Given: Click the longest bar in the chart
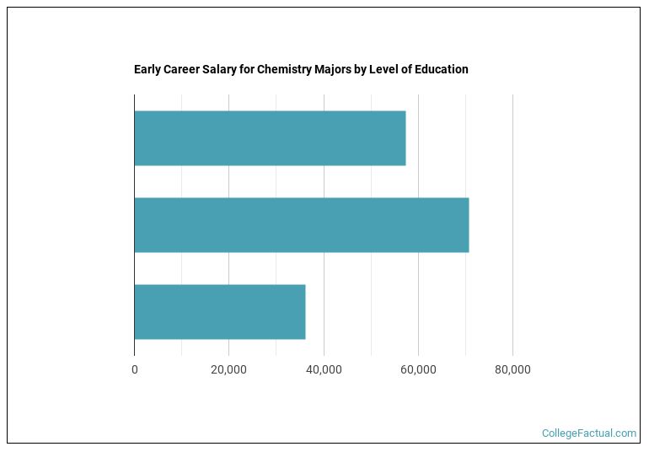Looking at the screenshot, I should [301, 225].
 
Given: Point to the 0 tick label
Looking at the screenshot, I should [134, 369].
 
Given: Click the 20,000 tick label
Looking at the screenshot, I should [228, 369].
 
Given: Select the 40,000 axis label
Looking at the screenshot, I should [324, 369].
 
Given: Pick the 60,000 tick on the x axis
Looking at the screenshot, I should [418, 369].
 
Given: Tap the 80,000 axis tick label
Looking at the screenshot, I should [512, 369].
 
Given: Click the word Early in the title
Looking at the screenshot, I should [147, 69].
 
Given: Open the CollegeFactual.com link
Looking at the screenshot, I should [588, 433].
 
